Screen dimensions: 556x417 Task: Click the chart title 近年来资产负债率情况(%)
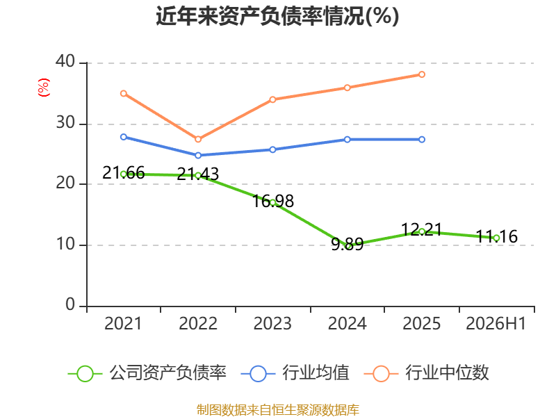tap(277, 16)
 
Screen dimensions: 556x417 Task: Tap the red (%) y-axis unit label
tap(44, 88)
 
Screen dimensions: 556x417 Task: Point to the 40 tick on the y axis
tap(65, 61)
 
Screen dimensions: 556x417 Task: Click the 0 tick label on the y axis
tap(70, 304)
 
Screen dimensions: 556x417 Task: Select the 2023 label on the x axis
tap(272, 323)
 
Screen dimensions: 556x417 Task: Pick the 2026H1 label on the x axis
tap(496, 323)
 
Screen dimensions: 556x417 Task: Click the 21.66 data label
tap(124, 172)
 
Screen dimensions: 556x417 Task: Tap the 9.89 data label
tap(347, 244)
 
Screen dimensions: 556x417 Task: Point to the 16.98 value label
tap(272, 201)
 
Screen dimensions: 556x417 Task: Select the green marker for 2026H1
tap(496, 238)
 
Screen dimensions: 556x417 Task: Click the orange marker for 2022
tap(198, 140)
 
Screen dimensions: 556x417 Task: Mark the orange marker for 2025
tap(422, 74)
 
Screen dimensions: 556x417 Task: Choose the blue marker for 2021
tap(124, 137)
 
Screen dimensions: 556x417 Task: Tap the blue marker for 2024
tap(347, 140)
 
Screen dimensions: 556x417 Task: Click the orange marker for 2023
tap(272, 99)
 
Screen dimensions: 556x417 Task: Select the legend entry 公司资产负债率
tap(147, 373)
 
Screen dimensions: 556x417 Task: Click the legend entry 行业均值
tap(295, 373)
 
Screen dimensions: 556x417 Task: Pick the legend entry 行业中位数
tap(426, 373)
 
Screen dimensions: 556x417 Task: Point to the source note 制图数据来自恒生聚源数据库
tap(277, 409)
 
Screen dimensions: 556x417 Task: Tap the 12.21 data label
tap(421, 229)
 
